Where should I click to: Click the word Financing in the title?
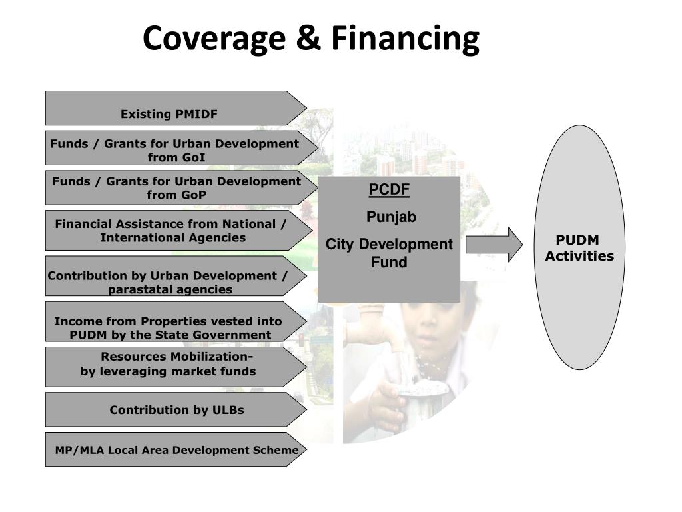[406, 39]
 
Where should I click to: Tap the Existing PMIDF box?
[169, 114]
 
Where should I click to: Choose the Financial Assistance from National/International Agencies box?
[172, 231]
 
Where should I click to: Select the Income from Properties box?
[170, 327]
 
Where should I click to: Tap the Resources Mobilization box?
[169, 364]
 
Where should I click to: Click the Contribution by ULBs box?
[176, 410]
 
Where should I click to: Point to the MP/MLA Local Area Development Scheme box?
[176, 450]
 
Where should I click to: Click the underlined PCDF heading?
[390, 190]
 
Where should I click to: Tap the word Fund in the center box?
[389, 263]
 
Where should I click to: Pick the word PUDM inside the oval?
[578, 240]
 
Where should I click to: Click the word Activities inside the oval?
[579, 257]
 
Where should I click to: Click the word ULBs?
[228, 410]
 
